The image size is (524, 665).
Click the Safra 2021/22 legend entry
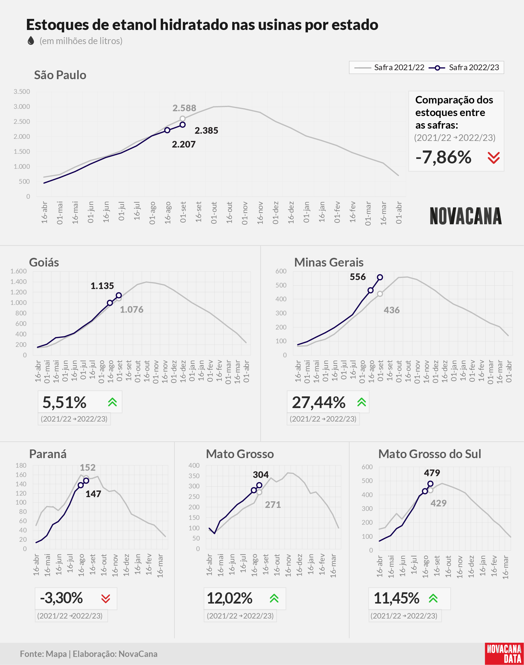389,67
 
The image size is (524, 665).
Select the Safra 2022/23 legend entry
464,67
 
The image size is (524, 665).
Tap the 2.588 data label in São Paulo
184,108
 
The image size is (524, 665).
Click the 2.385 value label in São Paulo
206,131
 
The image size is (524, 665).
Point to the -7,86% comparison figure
443,157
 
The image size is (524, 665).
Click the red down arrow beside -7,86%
494,158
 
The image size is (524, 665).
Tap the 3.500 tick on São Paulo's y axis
22,91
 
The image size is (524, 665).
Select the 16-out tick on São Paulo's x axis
229,212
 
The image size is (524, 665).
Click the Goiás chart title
44,262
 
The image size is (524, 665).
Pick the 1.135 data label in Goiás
102,286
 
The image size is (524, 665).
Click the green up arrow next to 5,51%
113,402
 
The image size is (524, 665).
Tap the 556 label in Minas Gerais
358,277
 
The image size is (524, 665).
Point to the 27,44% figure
318,402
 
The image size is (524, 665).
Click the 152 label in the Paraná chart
88,468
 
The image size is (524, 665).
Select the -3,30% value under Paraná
61,598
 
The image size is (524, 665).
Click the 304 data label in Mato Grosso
261,475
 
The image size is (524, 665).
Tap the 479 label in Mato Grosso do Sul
432,473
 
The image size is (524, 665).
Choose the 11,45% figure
397,598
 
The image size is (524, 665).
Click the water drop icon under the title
31,40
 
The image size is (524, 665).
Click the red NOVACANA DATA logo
504,654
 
